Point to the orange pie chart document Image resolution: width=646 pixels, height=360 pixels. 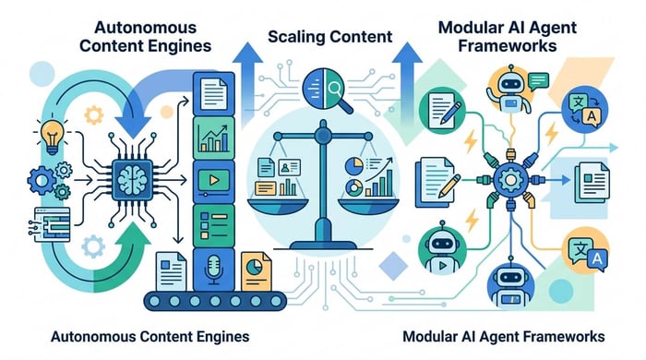click(x=254, y=270)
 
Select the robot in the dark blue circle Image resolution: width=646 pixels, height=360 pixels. click(x=510, y=282)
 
